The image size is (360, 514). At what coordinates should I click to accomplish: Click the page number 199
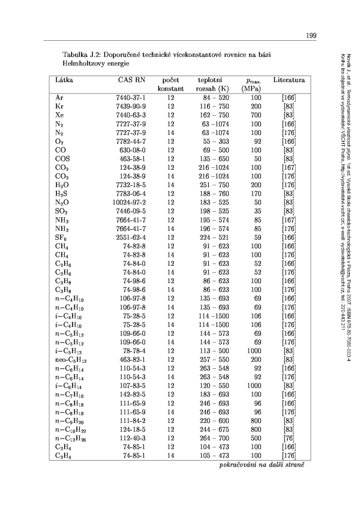pyautogui.click(x=311, y=36)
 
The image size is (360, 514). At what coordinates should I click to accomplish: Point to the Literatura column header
pyautogui.click(x=289, y=80)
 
